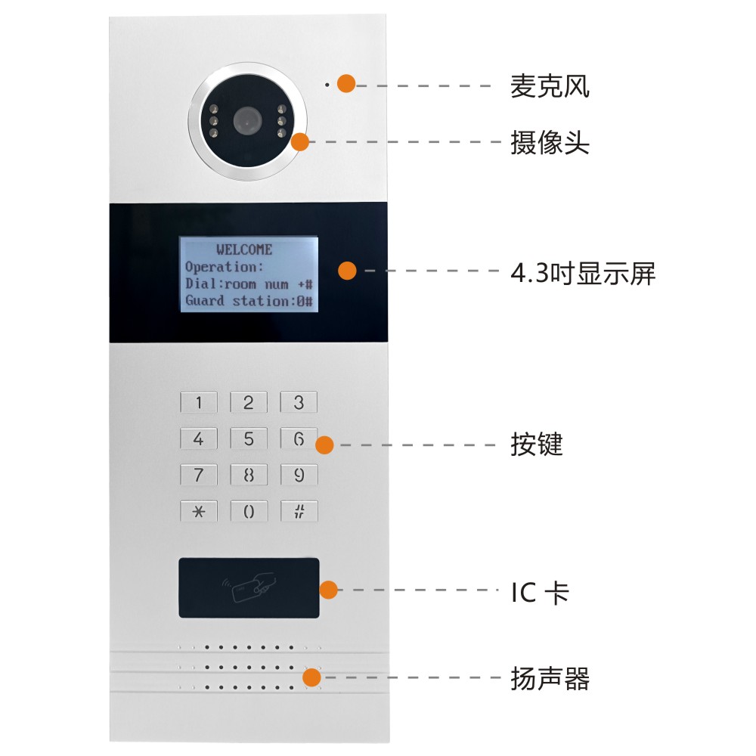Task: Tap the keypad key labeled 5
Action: click(x=248, y=438)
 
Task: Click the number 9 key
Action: click(x=299, y=475)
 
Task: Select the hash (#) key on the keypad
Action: click(x=299, y=511)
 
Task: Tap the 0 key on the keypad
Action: click(x=248, y=511)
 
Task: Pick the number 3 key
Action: click(x=299, y=402)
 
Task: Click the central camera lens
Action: click(x=248, y=120)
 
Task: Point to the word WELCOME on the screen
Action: click(x=244, y=249)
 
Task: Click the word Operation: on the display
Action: click(x=225, y=267)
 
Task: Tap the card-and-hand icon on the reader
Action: click(x=249, y=587)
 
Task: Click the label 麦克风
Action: click(x=550, y=86)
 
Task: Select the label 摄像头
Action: click(x=550, y=142)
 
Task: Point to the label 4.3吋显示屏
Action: click(x=583, y=274)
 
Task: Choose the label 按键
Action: click(x=537, y=444)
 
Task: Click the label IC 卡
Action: click(x=540, y=593)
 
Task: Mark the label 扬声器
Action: click(x=550, y=678)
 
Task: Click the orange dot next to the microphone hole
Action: click(x=346, y=83)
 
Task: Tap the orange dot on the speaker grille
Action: click(x=312, y=677)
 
